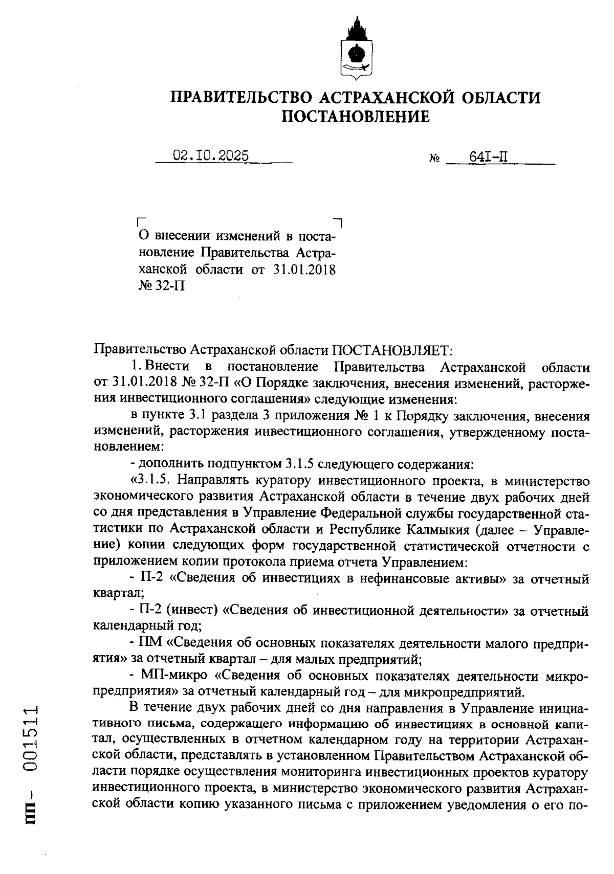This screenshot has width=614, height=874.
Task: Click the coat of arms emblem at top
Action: click(356, 49)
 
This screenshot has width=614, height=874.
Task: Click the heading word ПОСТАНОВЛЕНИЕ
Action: click(356, 117)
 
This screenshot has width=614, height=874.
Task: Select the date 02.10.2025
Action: click(211, 155)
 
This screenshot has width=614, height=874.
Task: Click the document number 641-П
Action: click(488, 156)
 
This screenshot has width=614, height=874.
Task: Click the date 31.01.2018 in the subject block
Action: click(304, 270)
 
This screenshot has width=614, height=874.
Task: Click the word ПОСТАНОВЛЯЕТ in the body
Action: click(390, 350)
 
